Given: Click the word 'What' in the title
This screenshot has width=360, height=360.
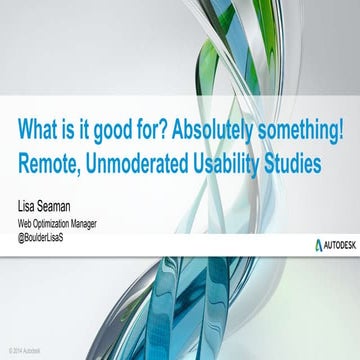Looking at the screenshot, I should tap(38, 130).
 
